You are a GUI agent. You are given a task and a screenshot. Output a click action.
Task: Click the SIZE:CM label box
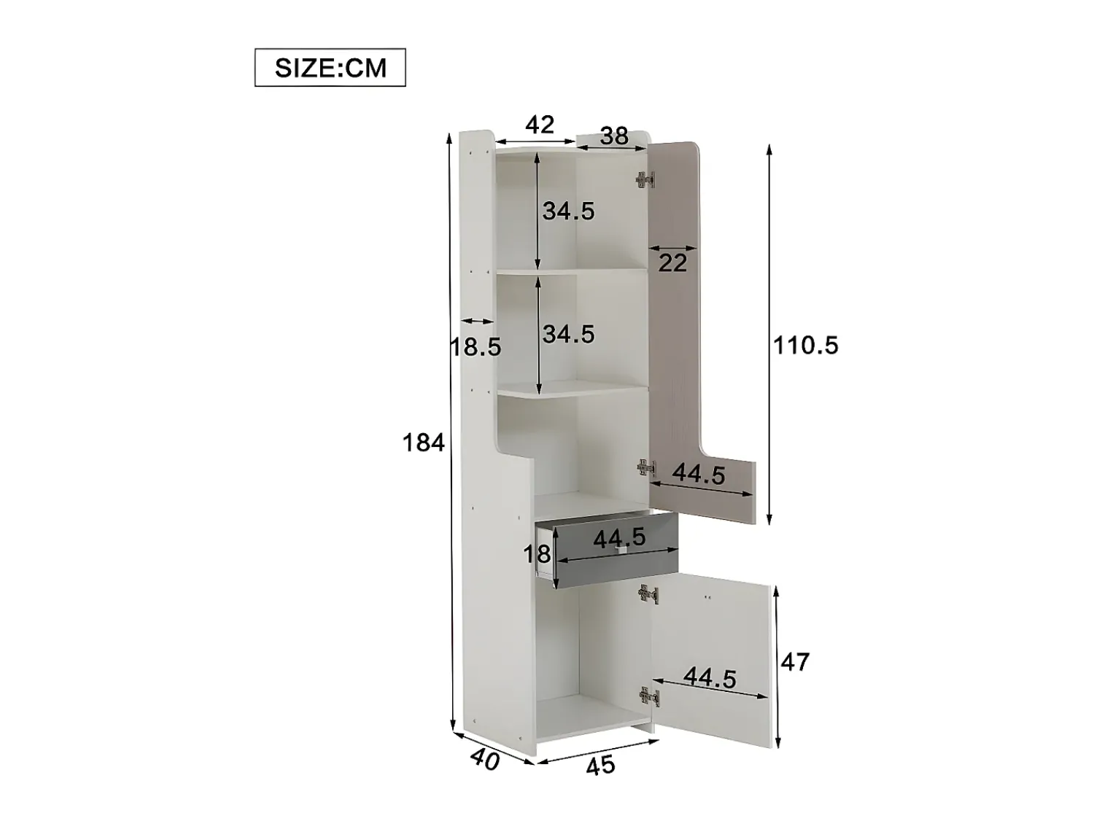tap(330, 67)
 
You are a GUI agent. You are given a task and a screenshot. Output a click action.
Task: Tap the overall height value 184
tap(423, 443)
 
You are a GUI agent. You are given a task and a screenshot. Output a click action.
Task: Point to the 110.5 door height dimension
tap(805, 345)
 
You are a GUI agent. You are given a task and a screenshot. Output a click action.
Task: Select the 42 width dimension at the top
tap(540, 125)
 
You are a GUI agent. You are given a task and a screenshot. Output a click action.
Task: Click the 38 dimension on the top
tap(614, 136)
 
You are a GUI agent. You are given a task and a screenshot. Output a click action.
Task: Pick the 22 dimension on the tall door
tap(672, 263)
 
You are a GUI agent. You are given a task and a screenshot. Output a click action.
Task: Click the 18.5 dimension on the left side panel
tap(476, 347)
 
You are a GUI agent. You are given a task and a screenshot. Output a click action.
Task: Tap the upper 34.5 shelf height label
tap(569, 211)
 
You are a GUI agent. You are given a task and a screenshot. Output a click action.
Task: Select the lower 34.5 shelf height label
tap(569, 334)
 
